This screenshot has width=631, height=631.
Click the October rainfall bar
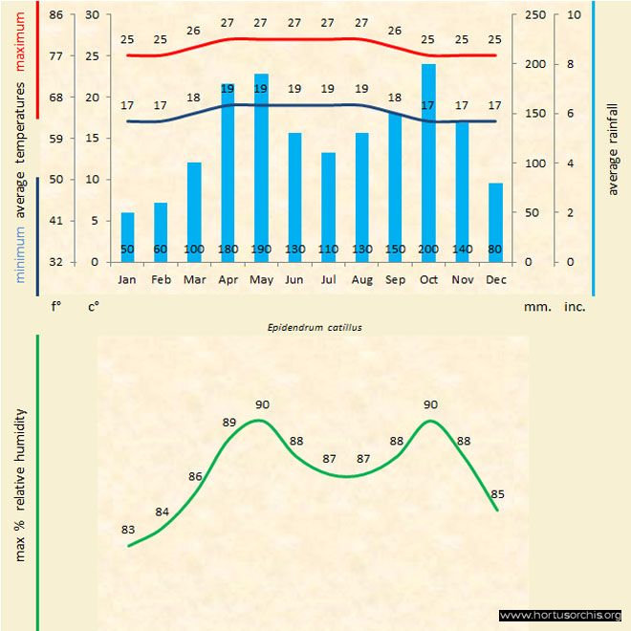coord(428,163)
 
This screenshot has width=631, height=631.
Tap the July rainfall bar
coord(328,207)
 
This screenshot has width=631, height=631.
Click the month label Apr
coord(228,280)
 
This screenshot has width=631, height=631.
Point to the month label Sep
coord(395,280)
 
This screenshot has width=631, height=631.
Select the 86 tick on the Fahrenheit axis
coord(55,15)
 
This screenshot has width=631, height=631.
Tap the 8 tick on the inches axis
coord(571,64)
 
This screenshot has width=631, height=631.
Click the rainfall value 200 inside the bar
coord(428,250)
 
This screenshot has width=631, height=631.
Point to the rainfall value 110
coord(328,250)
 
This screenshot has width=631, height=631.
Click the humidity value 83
coord(128,530)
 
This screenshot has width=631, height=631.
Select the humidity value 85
coord(497,494)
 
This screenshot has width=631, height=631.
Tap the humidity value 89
coord(229,422)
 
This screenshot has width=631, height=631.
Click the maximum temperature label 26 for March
coord(194,31)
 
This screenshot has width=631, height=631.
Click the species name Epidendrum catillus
coord(315,327)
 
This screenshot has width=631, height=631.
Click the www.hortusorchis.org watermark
coord(560,615)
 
